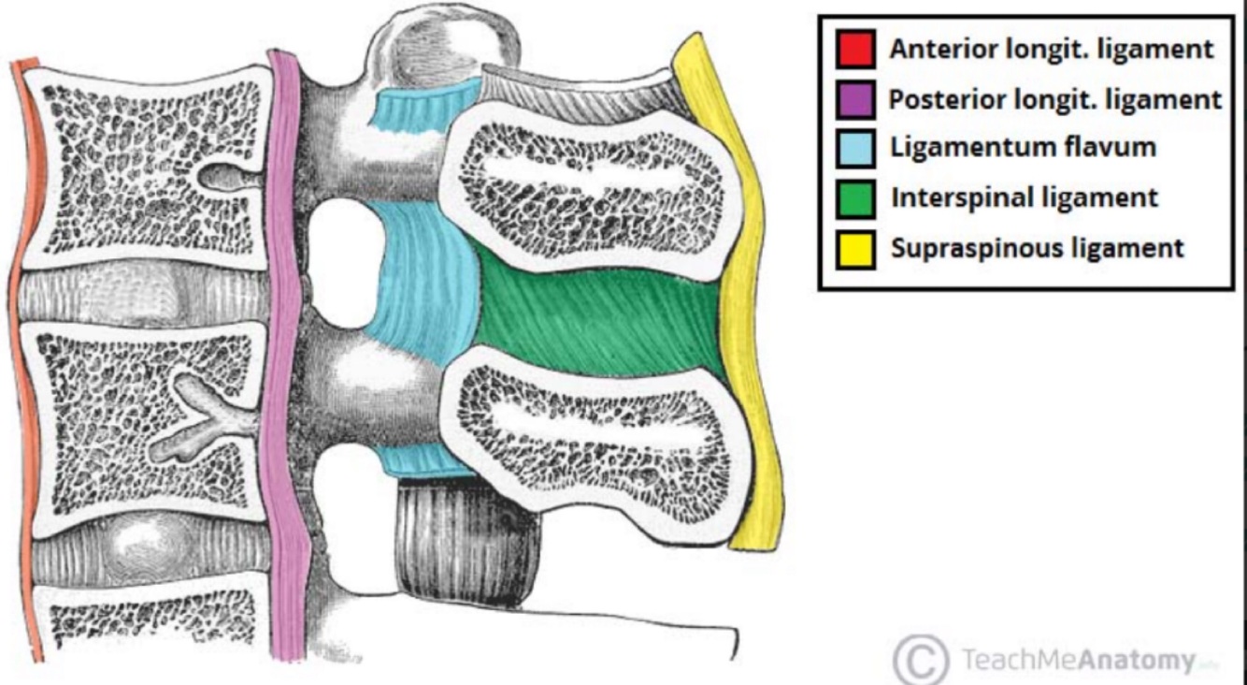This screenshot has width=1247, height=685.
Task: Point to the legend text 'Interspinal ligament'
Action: point(1024,198)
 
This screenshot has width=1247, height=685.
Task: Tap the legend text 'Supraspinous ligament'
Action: point(1037,249)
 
